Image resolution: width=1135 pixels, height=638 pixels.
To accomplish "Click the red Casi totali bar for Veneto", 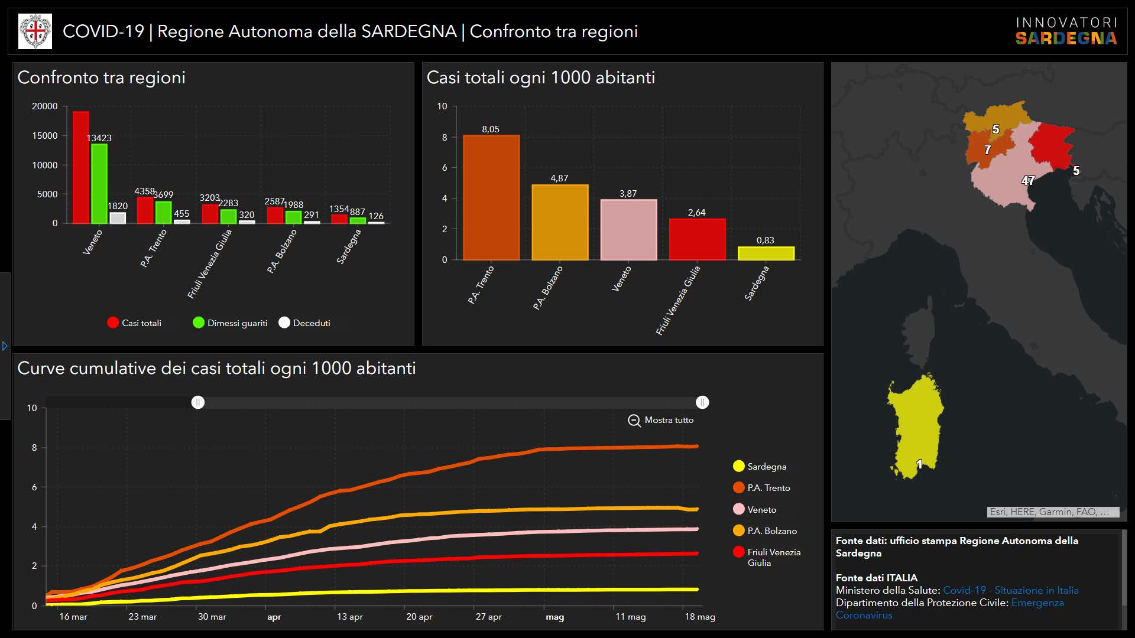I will [80, 167].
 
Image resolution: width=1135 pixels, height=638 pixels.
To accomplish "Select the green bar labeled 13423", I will [99, 183].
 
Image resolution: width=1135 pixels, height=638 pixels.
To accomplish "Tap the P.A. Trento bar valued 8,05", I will [491, 197].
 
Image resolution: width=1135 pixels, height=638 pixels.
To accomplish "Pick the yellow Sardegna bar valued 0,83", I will [766, 253].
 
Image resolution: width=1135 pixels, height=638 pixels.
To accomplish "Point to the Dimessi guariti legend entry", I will [230, 323].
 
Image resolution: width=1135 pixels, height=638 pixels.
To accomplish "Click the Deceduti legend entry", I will [304, 323].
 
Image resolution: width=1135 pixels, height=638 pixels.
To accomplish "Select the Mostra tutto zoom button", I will [660, 420].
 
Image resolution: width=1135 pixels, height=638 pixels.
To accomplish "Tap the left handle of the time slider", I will [198, 402].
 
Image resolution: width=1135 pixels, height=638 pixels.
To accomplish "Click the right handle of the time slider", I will [702, 402].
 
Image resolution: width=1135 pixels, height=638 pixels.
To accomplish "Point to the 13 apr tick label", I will [349, 617].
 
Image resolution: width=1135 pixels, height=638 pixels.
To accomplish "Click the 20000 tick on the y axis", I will [45, 106].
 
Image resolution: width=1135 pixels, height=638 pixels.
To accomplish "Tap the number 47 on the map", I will [1028, 181].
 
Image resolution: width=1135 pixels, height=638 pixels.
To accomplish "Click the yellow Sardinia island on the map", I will [916, 425].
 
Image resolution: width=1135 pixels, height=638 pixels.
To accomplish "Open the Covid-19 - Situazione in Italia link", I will [1010, 590].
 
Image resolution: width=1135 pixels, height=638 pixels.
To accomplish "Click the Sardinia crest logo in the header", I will [35, 31].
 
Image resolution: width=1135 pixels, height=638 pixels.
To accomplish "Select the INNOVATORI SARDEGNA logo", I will [1066, 31].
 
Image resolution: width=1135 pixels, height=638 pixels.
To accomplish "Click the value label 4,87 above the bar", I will [559, 178].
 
